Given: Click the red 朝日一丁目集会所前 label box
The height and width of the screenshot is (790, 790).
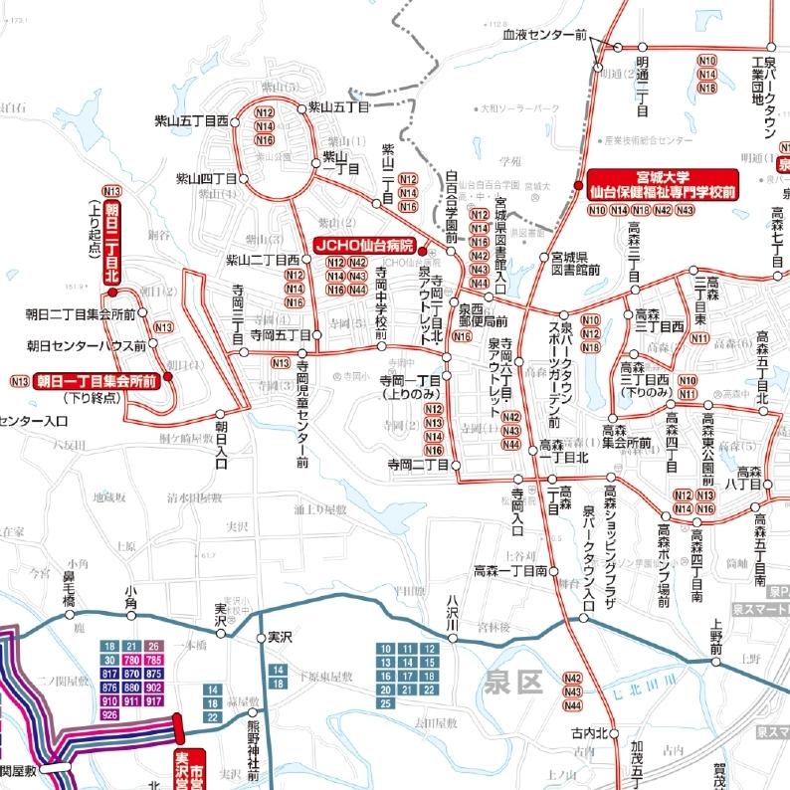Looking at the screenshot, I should [x=97, y=380].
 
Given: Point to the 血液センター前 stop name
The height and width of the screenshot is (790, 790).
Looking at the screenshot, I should [x=544, y=34].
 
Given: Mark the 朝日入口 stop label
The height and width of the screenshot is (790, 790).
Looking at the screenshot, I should [x=222, y=448].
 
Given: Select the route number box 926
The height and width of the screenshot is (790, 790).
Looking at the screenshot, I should [x=109, y=714].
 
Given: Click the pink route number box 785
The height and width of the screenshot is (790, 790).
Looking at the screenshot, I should [x=153, y=660].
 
